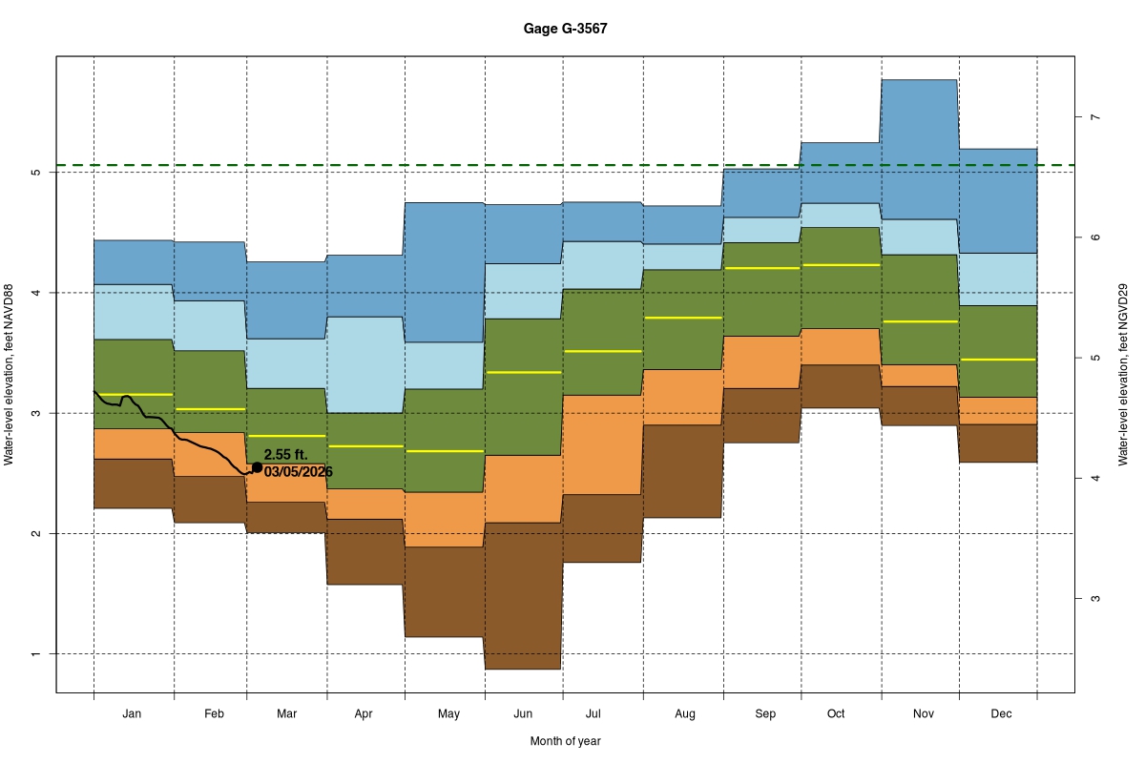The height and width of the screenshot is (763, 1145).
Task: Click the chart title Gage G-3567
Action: [565, 29]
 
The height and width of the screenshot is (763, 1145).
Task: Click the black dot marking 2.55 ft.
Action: [257, 467]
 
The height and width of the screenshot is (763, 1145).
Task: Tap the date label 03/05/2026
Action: [299, 472]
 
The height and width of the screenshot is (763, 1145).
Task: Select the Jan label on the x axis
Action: [133, 713]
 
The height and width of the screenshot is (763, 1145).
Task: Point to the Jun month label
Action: [523, 713]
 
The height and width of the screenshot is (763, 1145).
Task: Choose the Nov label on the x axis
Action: [923, 713]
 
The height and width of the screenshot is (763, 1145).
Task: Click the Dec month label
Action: [1001, 713]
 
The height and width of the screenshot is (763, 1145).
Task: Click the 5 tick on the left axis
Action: [35, 173]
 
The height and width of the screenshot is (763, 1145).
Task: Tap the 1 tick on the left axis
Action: [35, 654]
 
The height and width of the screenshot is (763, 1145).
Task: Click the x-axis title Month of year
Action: [565, 741]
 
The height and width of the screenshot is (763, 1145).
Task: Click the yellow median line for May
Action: [445, 450]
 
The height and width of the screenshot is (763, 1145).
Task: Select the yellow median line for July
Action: [602, 351]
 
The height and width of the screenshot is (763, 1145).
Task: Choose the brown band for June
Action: [523, 596]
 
